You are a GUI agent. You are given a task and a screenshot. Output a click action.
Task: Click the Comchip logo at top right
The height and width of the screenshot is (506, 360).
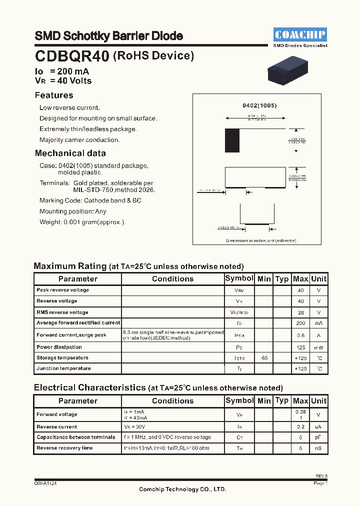300,34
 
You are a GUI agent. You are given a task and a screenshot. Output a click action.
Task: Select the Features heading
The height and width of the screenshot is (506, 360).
54,95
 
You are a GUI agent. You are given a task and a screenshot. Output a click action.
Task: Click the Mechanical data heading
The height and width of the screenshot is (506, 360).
70,153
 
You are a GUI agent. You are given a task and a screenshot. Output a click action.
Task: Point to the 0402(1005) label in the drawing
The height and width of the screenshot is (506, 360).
259,106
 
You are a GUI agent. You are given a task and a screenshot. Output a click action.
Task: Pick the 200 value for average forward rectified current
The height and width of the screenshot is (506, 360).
300,323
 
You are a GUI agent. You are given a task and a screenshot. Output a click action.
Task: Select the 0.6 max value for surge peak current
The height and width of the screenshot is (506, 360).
300,335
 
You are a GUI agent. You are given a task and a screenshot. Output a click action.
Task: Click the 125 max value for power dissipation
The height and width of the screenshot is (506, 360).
300,347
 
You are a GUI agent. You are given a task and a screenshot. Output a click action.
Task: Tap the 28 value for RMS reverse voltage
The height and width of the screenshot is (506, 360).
300,312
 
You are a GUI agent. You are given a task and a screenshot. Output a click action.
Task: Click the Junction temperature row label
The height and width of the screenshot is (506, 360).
63,368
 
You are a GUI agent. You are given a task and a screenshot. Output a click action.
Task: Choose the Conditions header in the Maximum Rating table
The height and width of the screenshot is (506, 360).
172,279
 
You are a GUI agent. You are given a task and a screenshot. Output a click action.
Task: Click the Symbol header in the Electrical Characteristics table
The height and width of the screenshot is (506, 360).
239,400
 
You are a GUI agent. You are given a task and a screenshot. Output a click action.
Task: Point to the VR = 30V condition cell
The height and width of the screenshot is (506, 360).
135,427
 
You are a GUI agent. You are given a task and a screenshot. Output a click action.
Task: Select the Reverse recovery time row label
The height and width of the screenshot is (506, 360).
64,448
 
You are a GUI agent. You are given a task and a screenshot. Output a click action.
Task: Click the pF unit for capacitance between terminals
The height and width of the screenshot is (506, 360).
318,437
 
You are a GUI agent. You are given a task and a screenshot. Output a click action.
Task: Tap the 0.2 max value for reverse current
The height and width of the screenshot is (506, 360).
300,427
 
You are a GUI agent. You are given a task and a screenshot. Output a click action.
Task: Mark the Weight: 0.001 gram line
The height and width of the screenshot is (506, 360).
82,222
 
